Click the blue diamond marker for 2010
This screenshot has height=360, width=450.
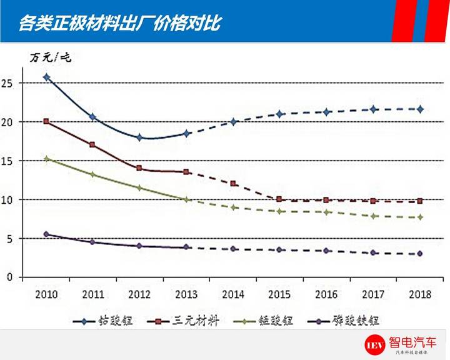click(46, 77)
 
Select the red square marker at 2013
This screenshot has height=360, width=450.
click(186, 171)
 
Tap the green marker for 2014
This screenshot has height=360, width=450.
click(232, 207)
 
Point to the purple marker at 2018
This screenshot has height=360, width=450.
click(420, 253)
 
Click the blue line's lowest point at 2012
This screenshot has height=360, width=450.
click(139, 137)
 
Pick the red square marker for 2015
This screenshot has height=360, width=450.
click(279, 199)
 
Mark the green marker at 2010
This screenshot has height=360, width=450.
click(46, 159)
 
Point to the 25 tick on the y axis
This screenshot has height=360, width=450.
click(9, 82)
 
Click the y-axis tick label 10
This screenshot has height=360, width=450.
click(9, 199)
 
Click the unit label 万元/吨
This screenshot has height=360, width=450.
click(51, 57)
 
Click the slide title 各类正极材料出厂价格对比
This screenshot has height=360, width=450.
click(119, 23)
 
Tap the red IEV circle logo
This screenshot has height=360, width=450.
click(376, 345)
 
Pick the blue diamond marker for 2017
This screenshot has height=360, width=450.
click(373, 109)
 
